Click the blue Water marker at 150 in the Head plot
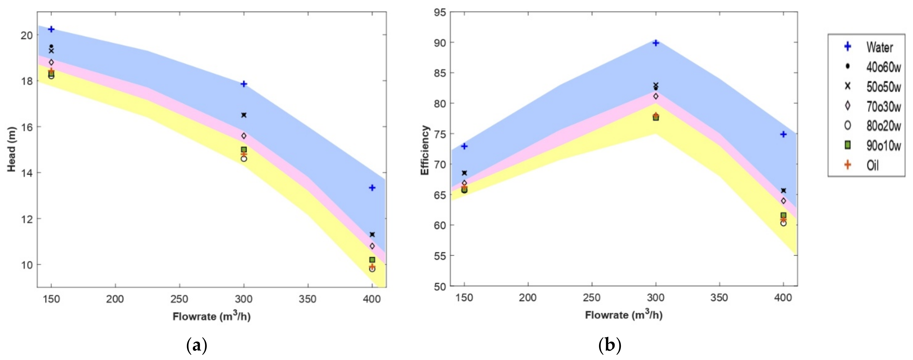tap(51, 29)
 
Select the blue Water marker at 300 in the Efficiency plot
tap(656, 43)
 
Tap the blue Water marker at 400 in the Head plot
tap(372, 187)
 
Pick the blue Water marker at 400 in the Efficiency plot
tap(784, 134)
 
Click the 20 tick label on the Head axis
tap(27, 35)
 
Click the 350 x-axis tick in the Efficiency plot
tap(720, 298)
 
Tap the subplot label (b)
tap(610, 345)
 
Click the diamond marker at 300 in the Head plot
tap(244, 136)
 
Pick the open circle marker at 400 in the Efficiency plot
tap(784, 223)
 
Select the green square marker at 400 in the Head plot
tap(372, 260)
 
